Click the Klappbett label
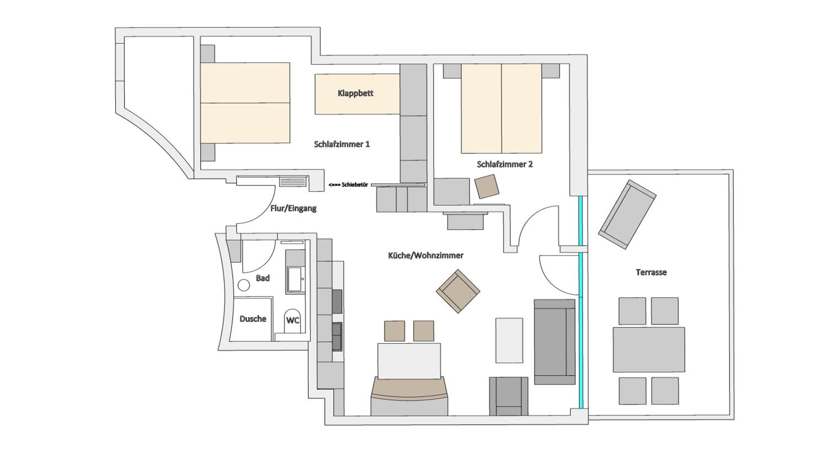355,93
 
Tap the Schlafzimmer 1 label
342,144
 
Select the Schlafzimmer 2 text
505,164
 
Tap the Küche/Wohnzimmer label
426,256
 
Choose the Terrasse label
651,272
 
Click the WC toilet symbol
293,321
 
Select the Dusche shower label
253,319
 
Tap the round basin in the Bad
244,285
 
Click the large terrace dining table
649,350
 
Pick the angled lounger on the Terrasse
627,215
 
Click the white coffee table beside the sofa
509,340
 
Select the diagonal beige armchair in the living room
458,291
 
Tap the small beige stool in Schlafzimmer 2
487,186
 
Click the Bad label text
262,278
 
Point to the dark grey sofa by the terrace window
554,341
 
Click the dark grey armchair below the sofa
508,396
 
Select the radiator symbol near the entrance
293,182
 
